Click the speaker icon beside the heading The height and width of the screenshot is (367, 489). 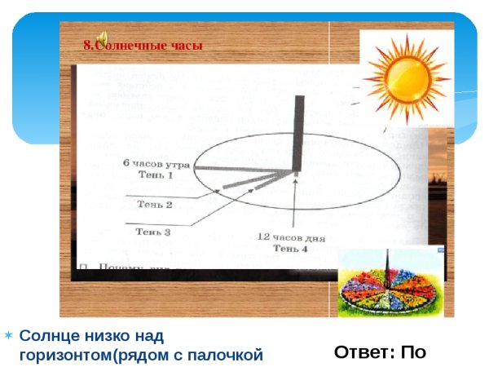(x=103, y=38)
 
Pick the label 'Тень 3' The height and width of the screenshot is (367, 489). (x=152, y=232)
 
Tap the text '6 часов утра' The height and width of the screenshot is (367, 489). (x=157, y=164)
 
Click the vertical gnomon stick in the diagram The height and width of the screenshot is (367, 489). (x=298, y=130)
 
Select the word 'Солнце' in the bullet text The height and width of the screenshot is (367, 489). (x=47, y=335)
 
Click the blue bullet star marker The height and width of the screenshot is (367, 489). (x=7, y=335)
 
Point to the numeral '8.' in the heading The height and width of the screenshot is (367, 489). (x=88, y=46)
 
